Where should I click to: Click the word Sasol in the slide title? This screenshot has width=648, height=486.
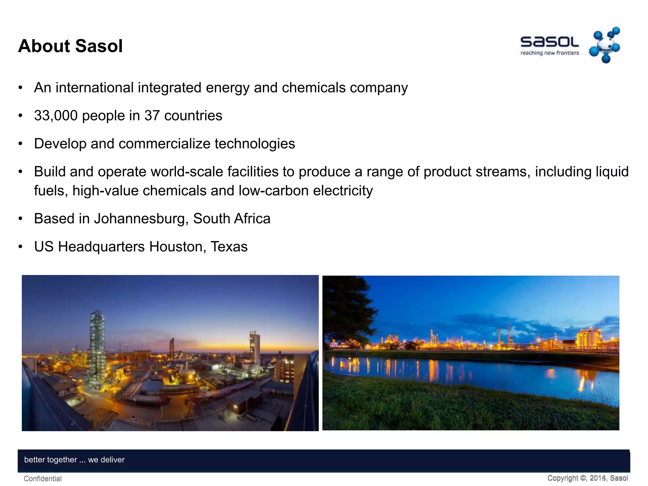tap(99, 46)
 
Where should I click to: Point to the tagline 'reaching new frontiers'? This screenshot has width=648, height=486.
tap(550, 53)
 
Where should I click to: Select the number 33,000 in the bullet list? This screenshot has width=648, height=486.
tap(56, 116)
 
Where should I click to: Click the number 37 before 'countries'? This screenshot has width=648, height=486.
tap(152, 116)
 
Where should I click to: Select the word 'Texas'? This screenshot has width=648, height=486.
tap(229, 247)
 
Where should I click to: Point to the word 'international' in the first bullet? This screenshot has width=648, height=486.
tap(94, 88)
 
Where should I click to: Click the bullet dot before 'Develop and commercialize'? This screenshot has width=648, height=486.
tap(21, 144)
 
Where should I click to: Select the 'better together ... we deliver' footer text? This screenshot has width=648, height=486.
tap(74, 460)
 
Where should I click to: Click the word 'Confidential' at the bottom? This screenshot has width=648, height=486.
tap(43, 479)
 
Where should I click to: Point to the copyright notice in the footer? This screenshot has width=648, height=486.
tap(587, 478)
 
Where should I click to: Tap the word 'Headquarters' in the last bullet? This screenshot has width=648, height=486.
tap(101, 247)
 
